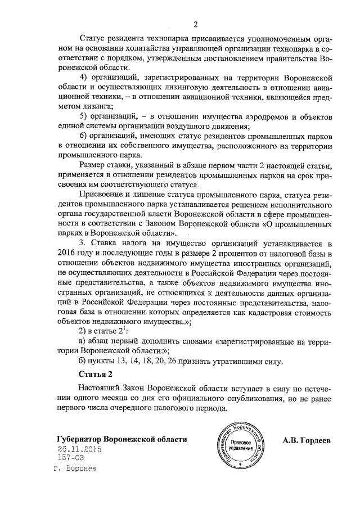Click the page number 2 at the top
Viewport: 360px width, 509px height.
pos(195,25)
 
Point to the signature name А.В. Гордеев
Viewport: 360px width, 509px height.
pos(307,440)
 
